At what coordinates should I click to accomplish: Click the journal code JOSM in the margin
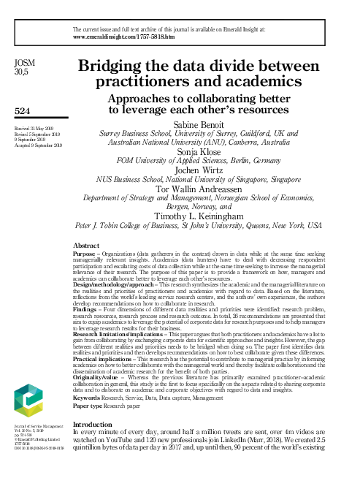pos(24,64)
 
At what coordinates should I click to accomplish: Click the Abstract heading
pos(88,247)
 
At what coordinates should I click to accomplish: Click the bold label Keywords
pos(91,398)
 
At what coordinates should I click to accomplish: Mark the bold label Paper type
pos(92,405)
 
